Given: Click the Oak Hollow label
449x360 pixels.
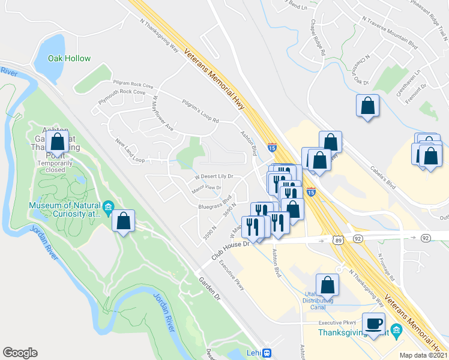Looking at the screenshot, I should click(70, 59).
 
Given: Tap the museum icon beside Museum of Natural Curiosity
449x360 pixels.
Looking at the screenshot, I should click(109, 208).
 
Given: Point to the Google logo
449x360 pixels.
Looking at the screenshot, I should click(20, 353).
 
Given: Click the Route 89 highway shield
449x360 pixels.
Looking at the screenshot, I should click(339, 239).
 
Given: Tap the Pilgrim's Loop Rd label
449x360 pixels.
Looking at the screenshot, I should click(200, 112).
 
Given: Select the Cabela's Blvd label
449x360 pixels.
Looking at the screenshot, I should click(385, 177).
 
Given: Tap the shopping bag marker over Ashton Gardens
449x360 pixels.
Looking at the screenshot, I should click(58, 143).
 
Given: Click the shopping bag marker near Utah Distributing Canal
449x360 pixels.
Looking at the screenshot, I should click(328, 284).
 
